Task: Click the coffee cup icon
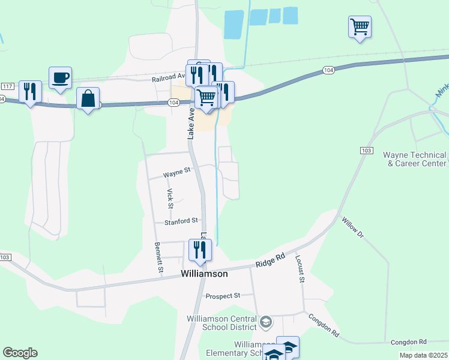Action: coord(60,78)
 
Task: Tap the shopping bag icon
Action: coord(88,99)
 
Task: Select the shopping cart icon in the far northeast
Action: coord(360,27)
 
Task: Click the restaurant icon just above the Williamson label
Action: coord(200,250)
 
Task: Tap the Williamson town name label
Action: coord(205,274)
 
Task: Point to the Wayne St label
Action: coord(177,173)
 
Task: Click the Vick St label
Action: coord(170,199)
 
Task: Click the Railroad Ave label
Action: coord(170,77)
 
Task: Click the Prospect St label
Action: coord(222,296)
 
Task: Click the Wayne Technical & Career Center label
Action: coord(415,159)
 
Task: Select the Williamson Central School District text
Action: coord(221,322)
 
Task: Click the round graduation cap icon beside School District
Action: coord(266,323)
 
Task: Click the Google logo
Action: coord(20,353)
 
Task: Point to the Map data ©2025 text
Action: coord(423,355)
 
